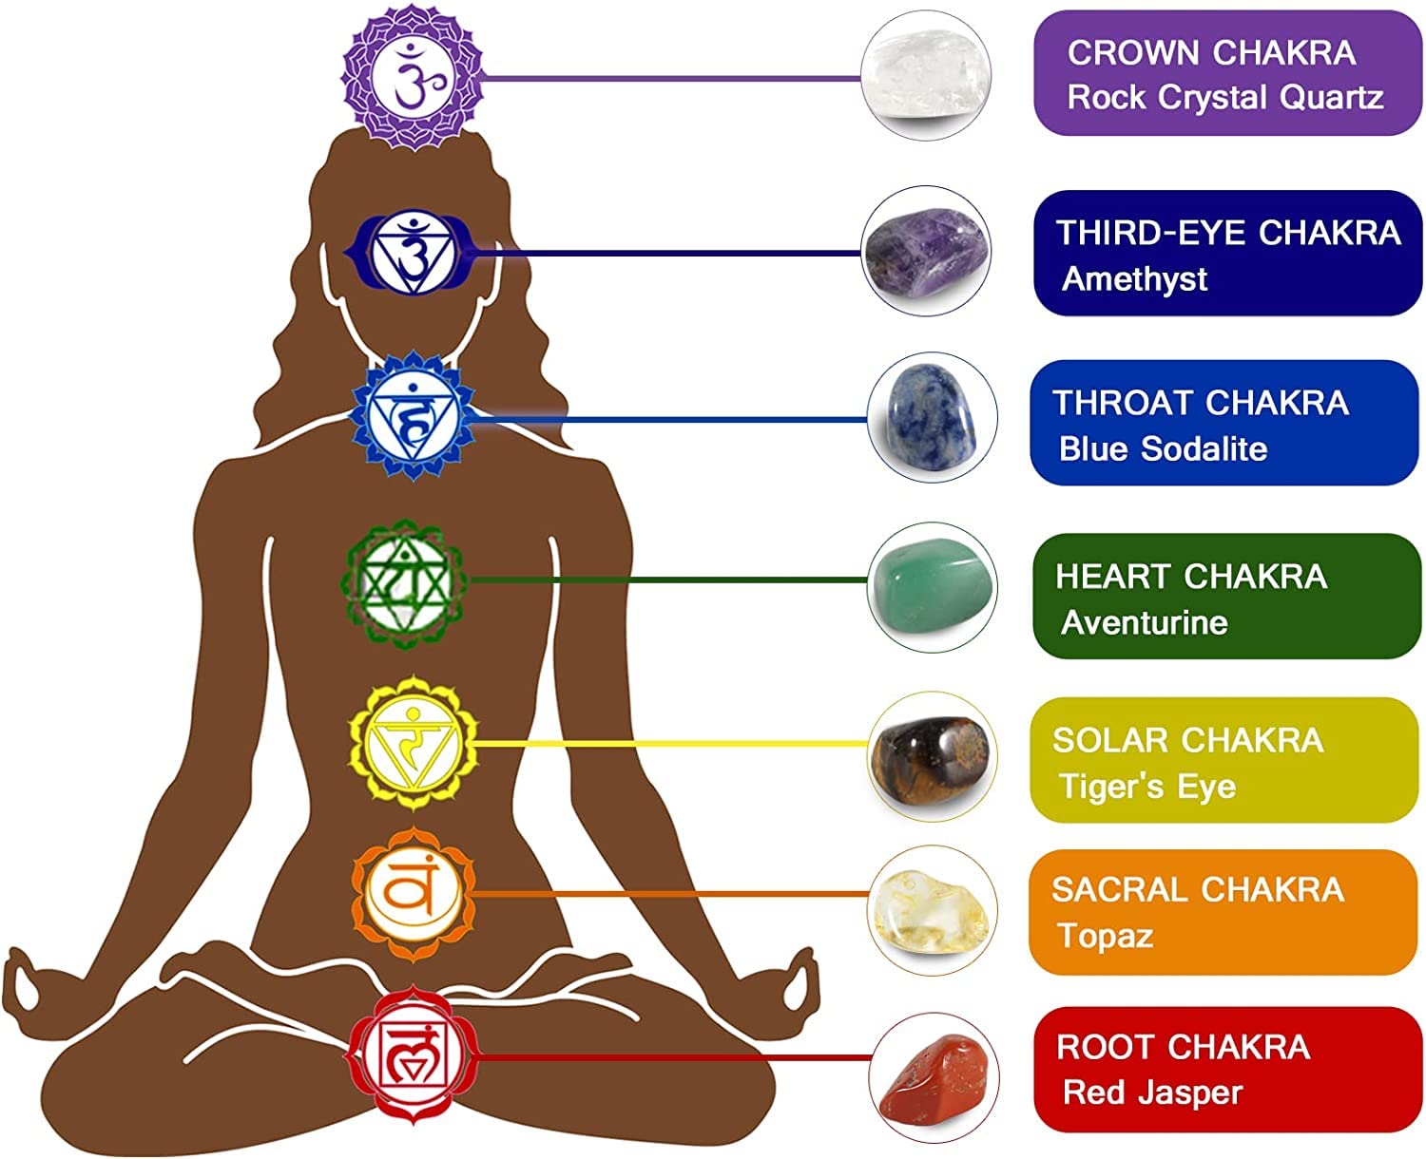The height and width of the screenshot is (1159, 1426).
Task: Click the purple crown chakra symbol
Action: (x=414, y=76)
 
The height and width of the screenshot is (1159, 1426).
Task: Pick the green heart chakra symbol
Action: (x=405, y=581)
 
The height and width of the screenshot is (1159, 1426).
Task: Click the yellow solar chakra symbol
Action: (x=413, y=742)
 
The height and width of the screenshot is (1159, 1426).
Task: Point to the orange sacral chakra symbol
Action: (x=413, y=893)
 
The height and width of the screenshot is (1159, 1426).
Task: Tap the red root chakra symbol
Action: (x=411, y=1054)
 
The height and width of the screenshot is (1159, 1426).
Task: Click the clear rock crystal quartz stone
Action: (x=925, y=74)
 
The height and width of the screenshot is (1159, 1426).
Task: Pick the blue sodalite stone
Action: (x=932, y=419)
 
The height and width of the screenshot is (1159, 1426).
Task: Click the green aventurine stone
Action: (x=932, y=583)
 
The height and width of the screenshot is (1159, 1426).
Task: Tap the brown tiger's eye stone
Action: (x=932, y=756)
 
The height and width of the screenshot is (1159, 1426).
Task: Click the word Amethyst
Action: (x=1134, y=279)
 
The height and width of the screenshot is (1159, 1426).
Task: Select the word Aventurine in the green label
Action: (x=1144, y=623)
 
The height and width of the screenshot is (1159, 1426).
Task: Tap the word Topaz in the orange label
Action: (x=1106, y=936)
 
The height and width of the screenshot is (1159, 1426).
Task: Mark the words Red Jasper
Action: (x=1152, y=1092)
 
